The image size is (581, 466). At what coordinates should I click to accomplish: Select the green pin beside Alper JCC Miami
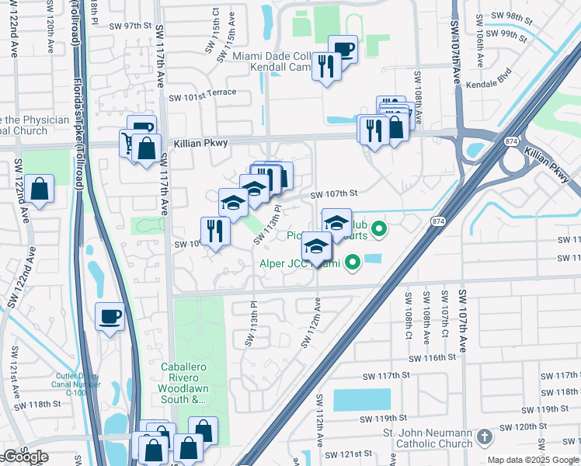tap(353, 263)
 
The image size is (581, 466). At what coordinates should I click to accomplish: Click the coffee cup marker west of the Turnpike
tap(110, 316)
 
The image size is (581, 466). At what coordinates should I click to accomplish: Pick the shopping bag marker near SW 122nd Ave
tap(38, 189)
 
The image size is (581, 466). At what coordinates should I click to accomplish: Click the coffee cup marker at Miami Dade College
tap(343, 49)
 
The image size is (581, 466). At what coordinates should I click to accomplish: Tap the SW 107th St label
tap(333, 194)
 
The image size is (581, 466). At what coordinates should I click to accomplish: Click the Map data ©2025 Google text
tap(533, 460)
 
